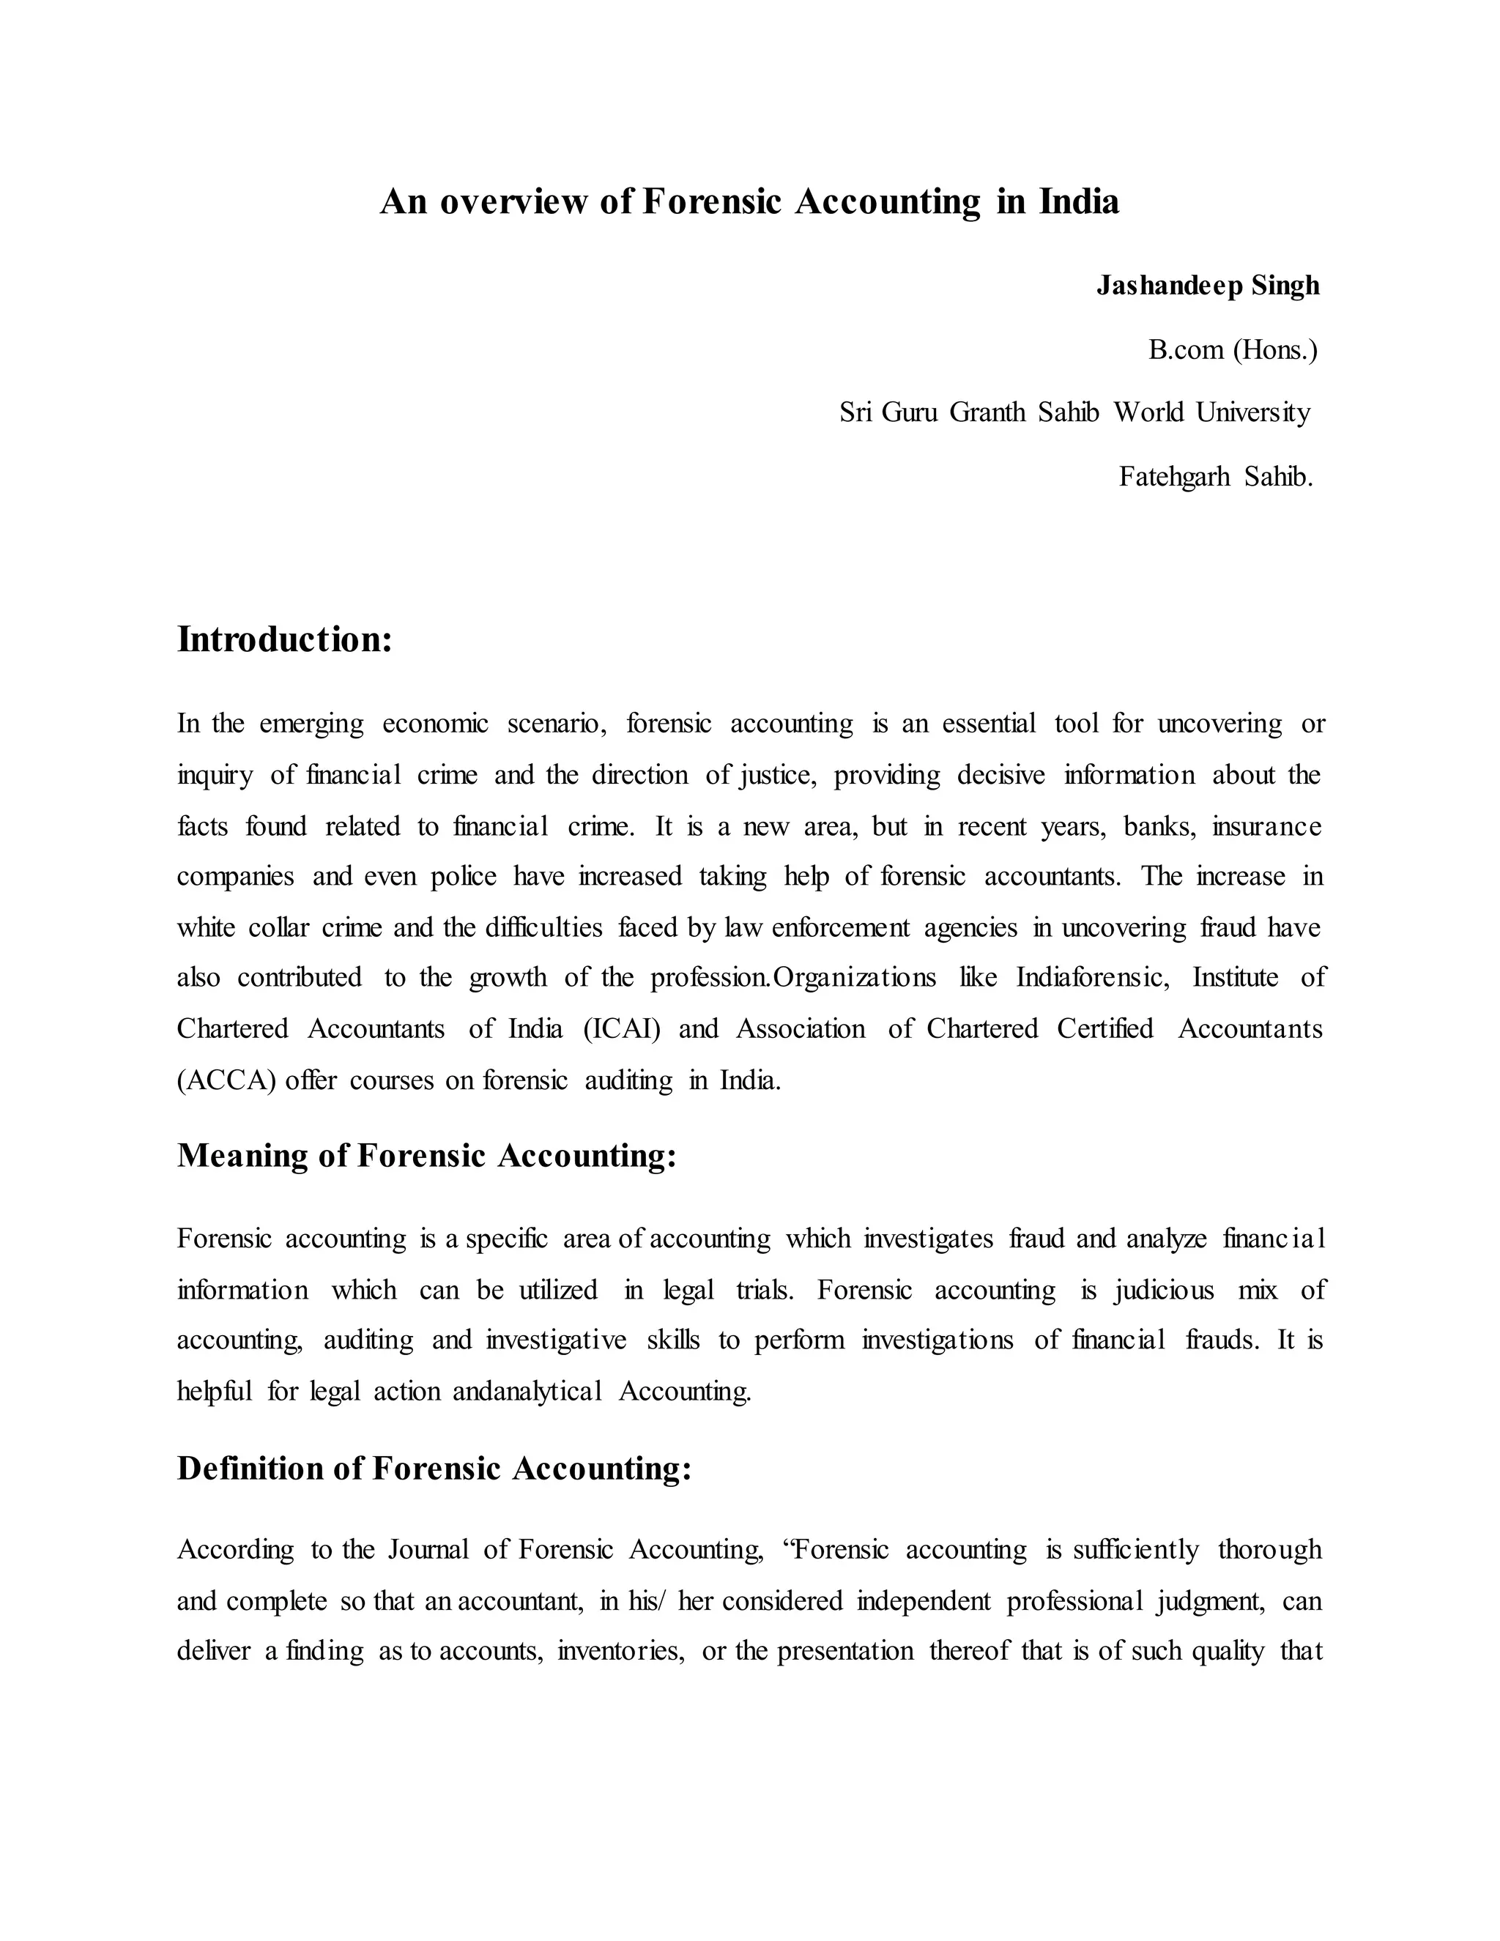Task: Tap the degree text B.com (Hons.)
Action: click(x=1233, y=350)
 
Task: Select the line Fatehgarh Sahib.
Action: click(x=1215, y=478)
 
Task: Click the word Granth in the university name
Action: click(x=987, y=412)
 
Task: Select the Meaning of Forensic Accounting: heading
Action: click(x=426, y=1155)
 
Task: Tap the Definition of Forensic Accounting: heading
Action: click(x=434, y=1468)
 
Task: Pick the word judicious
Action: click(x=1163, y=1290)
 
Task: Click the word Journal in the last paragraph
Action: click(x=428, y=1550)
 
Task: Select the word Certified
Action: click(x=1104, y=1029)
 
